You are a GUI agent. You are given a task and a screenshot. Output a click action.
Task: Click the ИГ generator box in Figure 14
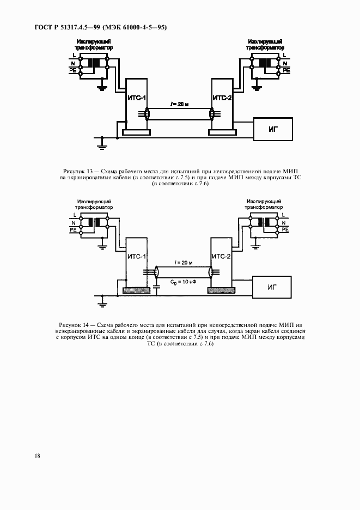tap(273, 287)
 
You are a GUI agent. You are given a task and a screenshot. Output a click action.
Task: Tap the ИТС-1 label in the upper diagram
tap(136, 98)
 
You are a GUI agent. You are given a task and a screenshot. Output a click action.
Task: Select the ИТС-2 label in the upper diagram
tap(222, 98)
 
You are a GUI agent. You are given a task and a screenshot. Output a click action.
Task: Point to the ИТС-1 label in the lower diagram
tap(136, 256)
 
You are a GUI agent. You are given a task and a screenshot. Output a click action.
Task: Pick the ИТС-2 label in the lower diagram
tap(222, 256)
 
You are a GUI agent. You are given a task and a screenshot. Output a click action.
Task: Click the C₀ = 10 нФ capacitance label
tap(182, 282)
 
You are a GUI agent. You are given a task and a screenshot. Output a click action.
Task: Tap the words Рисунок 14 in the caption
tap(72, 325)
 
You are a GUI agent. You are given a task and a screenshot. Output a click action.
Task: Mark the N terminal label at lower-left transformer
tap(74, 222)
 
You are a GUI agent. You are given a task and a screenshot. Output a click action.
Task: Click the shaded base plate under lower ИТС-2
tap(222, 291)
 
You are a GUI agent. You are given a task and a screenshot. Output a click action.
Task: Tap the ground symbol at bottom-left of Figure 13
tap(100, 143)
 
